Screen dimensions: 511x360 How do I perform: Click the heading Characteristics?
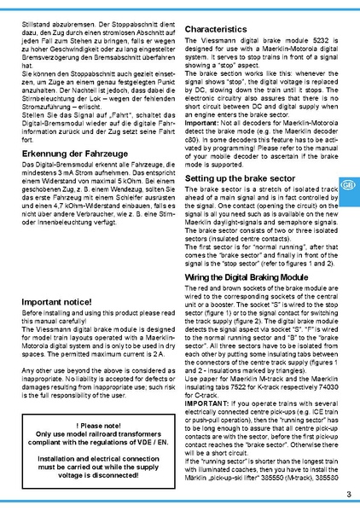pos(222,29)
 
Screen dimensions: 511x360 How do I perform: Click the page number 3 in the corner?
pos(349,496)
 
